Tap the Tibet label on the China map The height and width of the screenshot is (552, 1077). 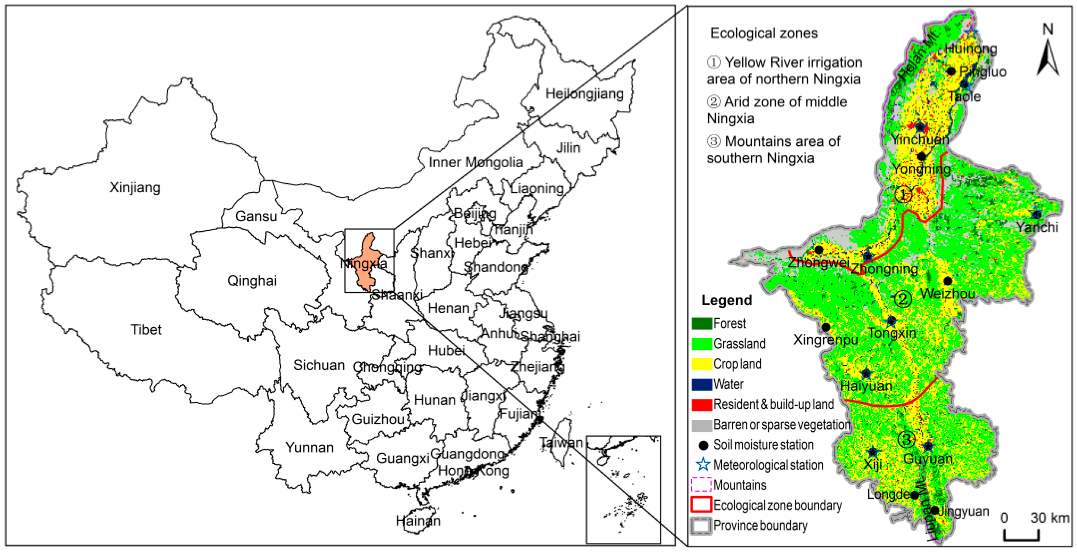[146, 330]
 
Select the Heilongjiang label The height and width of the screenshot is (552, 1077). [584, 94]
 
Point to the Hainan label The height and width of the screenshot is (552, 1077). [418, 521]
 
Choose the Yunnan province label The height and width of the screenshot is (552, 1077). [309, 447]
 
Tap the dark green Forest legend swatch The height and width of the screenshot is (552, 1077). [701, 323]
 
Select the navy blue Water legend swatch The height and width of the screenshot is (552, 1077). [701, 384]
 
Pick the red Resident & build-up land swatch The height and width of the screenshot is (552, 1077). [701, 404]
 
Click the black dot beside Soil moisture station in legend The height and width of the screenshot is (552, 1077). [704, 445]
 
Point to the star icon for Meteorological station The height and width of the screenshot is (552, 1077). [703, 465]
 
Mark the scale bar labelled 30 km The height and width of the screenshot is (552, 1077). [1022, 536]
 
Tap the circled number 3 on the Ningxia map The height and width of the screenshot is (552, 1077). [906, 439]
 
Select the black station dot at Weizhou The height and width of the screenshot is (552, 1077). [947, 281]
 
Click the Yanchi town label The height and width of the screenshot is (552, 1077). [1037, 228]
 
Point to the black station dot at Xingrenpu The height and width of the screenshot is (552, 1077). [826, 327]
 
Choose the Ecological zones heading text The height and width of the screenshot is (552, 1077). [764, 33]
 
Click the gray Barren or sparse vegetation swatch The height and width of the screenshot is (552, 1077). [701, 425]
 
